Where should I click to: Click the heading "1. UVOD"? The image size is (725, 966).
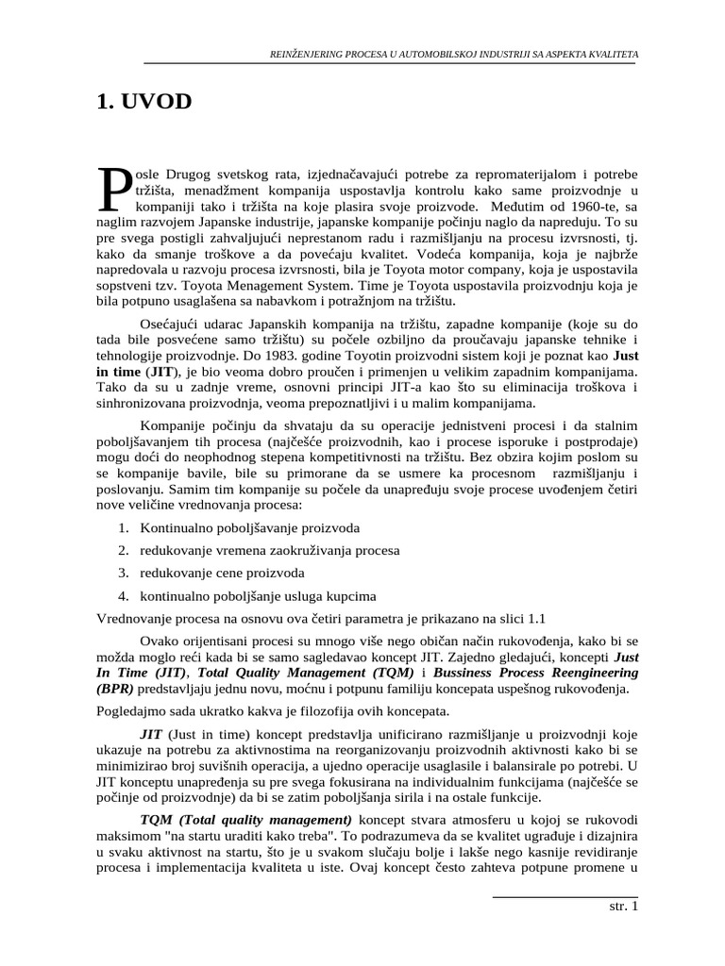pyautogui.click(x=143, y=102)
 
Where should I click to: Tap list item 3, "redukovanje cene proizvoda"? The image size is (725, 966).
pyautogui.click(x=223, y=573)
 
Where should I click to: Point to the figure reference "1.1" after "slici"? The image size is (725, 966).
pyautogui.click(x=536, y=618)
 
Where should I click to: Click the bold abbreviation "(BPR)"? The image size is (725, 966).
pyautogui.click(x=114, y=689)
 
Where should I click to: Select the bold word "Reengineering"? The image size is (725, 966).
pyautogui.click(x=591, y=673)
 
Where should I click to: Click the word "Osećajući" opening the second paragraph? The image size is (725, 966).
pyautogui.click(x=169, y=325)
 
